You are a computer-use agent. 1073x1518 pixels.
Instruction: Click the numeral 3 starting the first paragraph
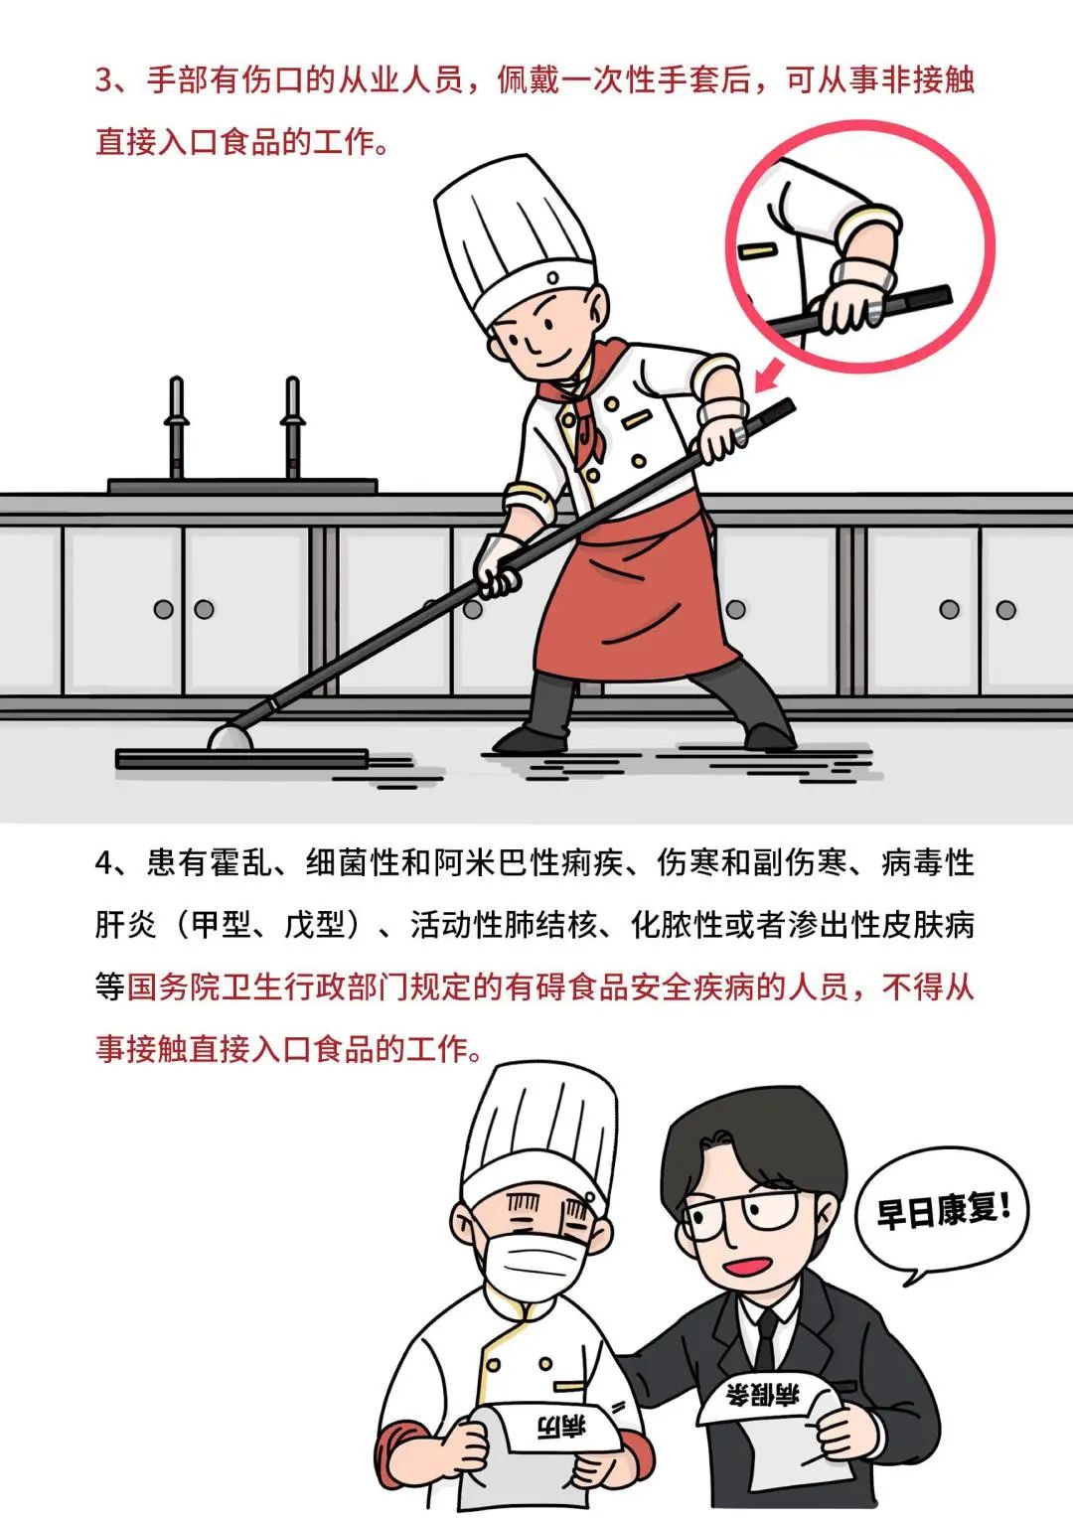click(104, 80)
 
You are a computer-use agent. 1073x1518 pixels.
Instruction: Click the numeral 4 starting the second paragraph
click(104, 862)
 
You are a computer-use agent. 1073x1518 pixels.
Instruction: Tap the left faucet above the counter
click(177, 427)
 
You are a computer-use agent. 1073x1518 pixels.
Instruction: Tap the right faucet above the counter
click(292, 427)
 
